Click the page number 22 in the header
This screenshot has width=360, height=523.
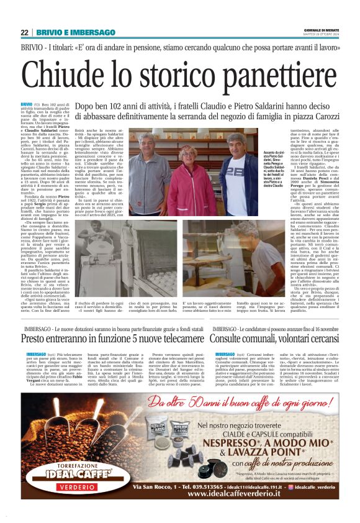point(24,32)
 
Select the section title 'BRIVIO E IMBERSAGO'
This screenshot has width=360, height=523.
point(76,32)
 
